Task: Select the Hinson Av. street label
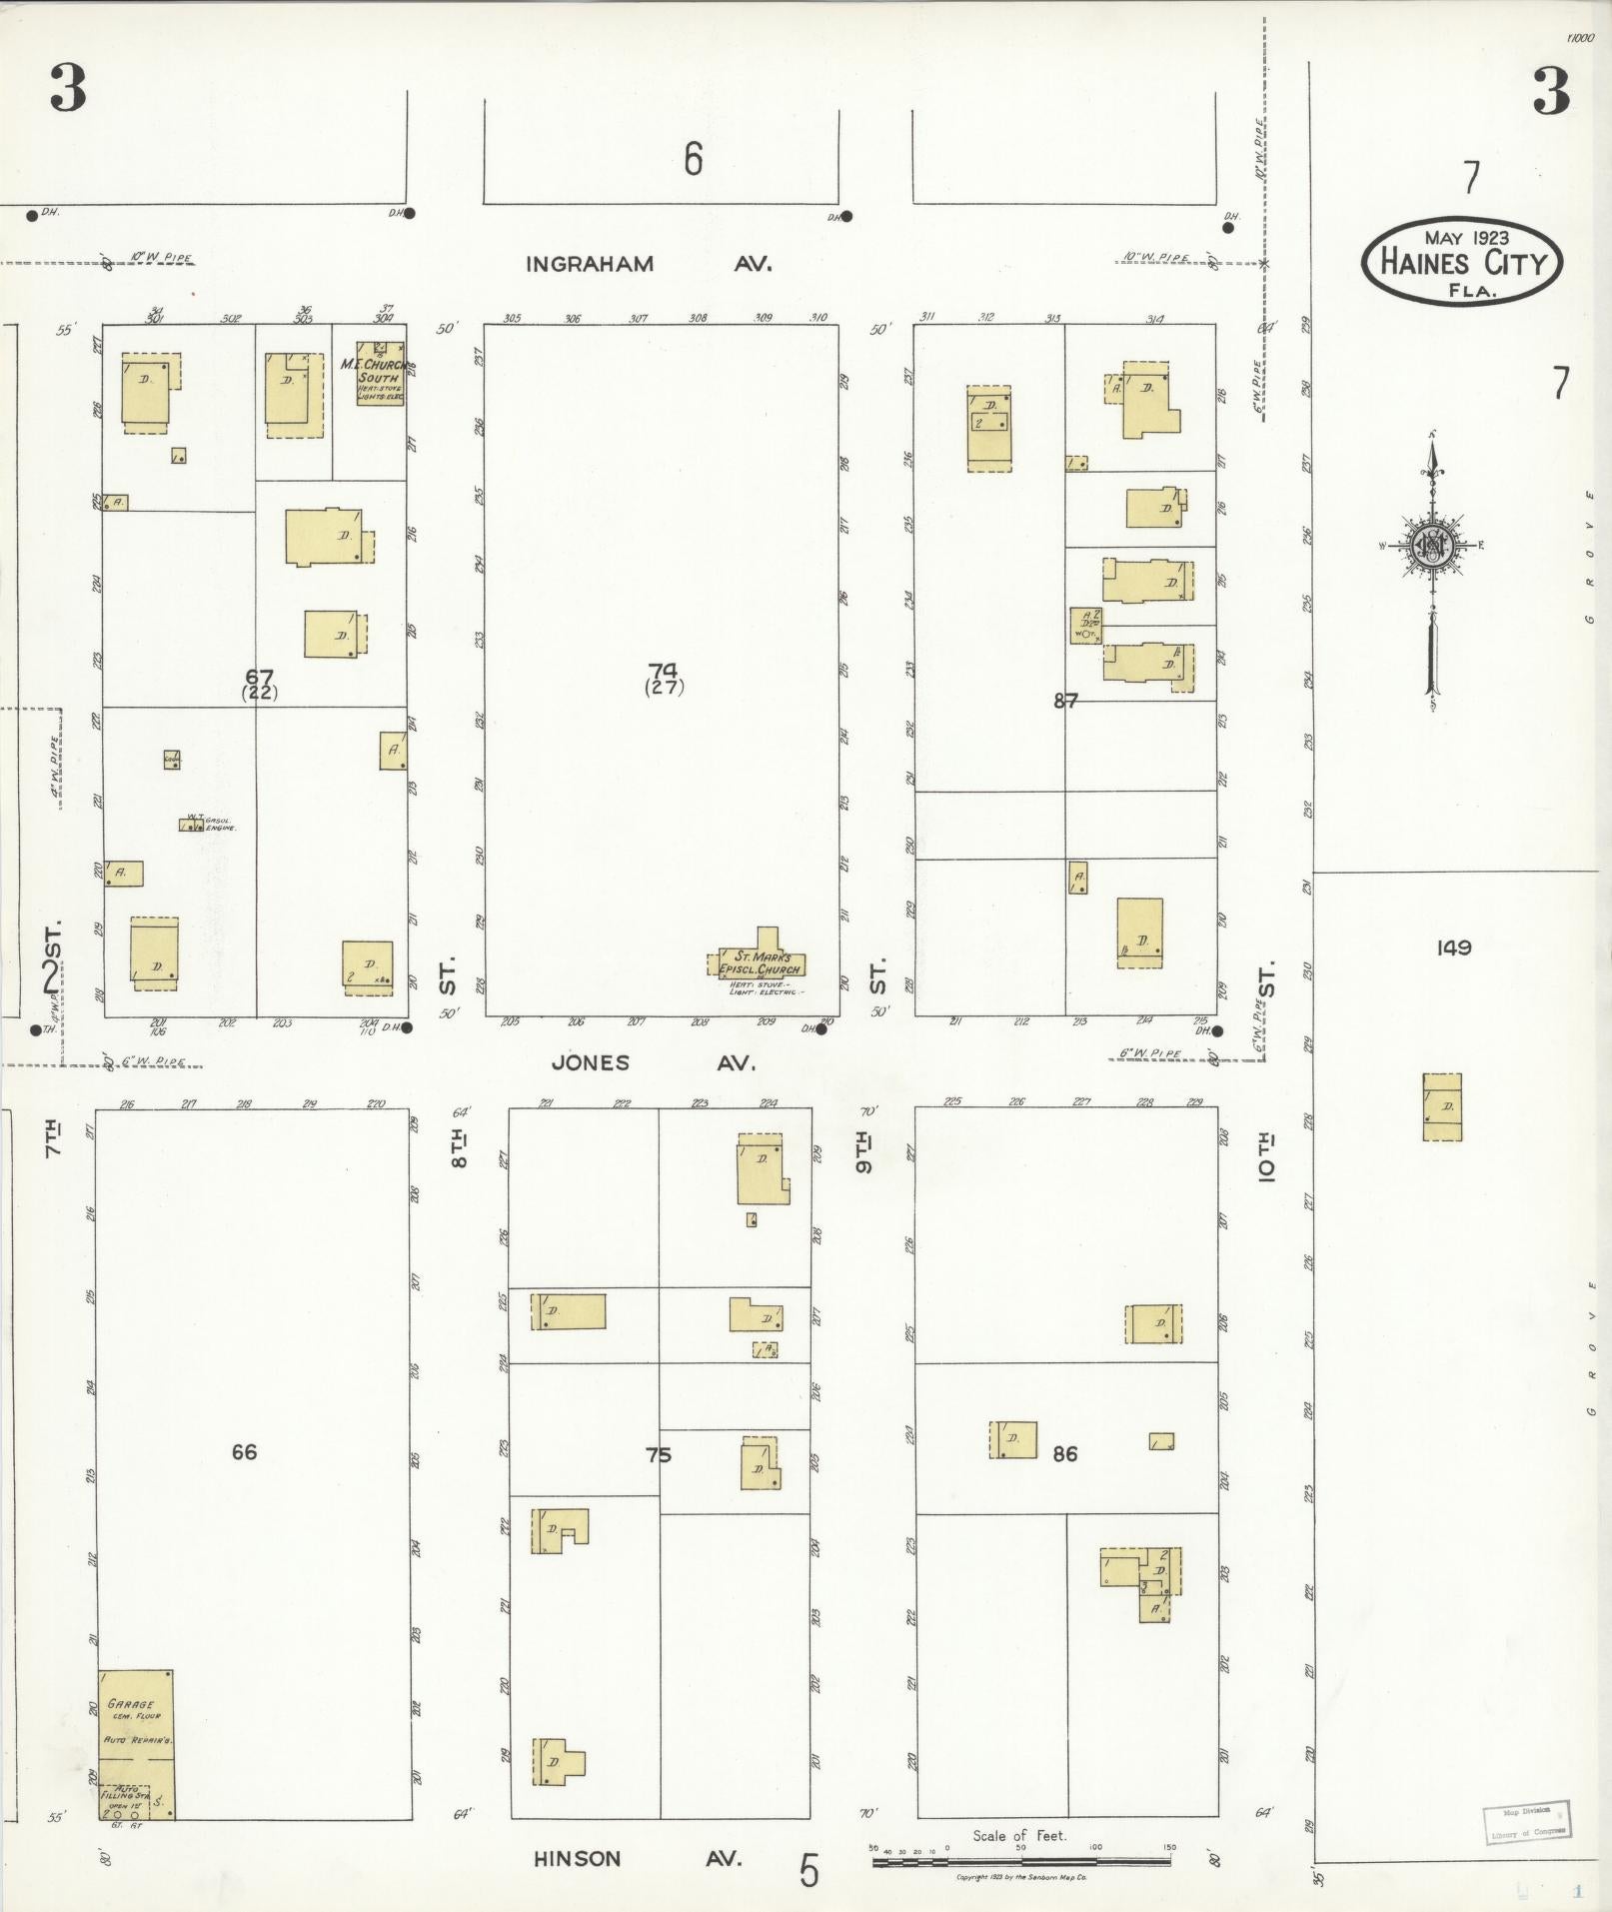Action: (x=637, y=1859)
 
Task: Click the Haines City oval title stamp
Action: (x=1460, y=262)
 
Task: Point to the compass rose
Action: (x=1432, y=546)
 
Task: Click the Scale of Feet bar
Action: (x=1020, y=1861)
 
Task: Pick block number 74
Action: (x=662, y=672)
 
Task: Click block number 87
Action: (x=1065, y=701)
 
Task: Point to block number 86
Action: (x=1065, y=1453)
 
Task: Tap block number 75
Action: (x=659, y=1455)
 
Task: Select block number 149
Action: (x=1453, y=947)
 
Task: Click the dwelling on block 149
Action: (x=1442, y=1106)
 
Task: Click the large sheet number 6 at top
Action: (x=693, y=160)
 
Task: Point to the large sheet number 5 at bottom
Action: (x=808, y=1871)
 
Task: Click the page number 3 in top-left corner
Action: (x=68, y=88)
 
